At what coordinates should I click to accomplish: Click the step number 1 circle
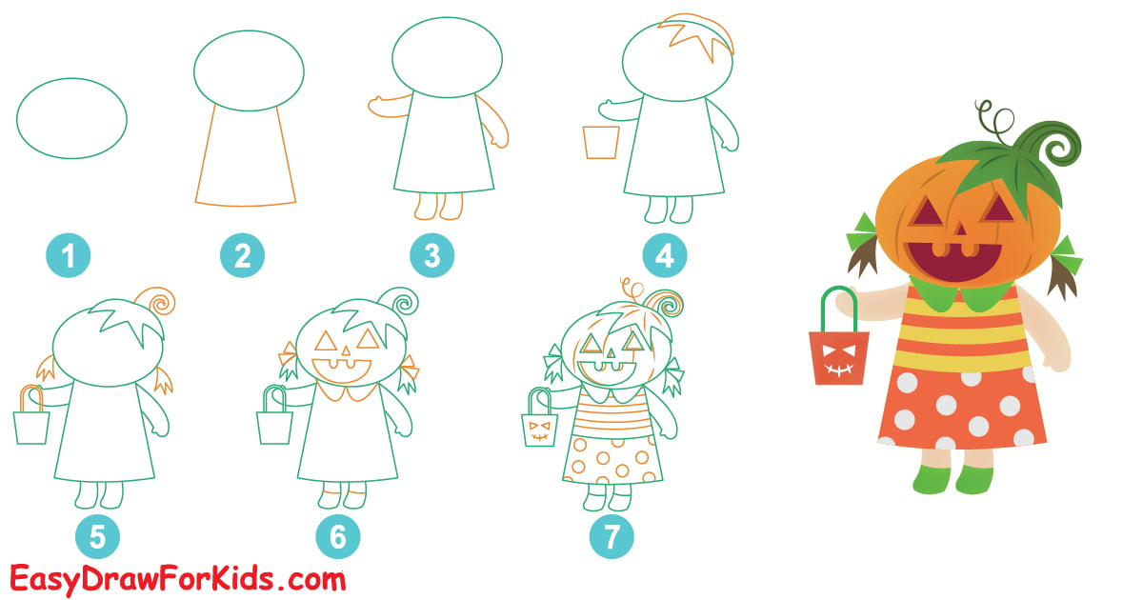(69, 255)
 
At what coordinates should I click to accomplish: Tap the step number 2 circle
(242, 255)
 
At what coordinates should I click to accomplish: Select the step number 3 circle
(432, 255)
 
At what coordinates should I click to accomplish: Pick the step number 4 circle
(664, 255)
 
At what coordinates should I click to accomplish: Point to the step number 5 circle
(97, 537)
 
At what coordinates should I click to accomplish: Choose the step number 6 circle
(338, 537)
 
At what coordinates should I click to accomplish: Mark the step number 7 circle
(612, 537)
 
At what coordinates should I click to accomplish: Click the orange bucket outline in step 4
(600, 142)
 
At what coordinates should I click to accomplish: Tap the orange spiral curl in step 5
(159, 302)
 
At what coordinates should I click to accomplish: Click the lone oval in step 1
(71, 119)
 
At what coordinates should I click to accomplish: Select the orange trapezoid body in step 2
(246, 157)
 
